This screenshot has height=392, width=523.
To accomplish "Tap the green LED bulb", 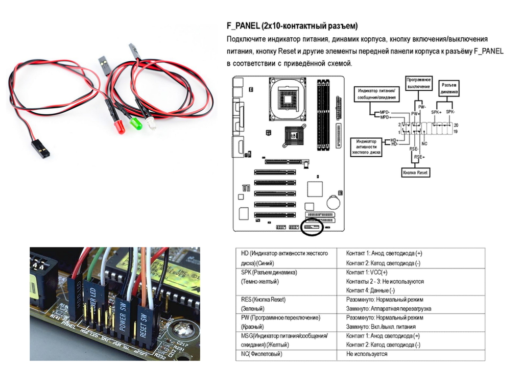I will pos(136,124).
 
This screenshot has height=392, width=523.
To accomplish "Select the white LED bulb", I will pos(151,124).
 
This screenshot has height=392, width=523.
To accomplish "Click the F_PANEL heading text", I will pos(292,26).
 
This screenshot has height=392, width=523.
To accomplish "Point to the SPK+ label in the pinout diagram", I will pos(436,111).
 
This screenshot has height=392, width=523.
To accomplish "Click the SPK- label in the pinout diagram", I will pos(450,111).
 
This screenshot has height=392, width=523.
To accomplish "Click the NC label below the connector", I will pos(424,144).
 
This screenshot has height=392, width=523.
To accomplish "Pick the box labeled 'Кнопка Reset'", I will pos(415,173).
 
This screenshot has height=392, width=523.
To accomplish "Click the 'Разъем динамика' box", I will pos(449,88).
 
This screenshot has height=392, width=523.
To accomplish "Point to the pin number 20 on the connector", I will pos(456,125).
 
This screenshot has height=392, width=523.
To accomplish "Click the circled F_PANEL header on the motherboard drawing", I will pos(312,226).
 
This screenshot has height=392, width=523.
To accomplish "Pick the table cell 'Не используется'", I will pos(367,354).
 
